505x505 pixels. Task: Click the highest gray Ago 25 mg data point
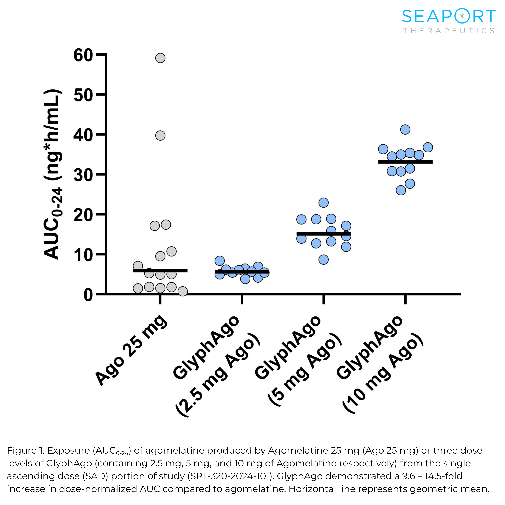click(x=160, y=58)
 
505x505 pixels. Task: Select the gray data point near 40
click(x=160, y=136)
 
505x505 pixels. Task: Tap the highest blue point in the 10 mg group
click(x=405, y=129)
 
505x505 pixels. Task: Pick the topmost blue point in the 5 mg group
click(x=324, y=203)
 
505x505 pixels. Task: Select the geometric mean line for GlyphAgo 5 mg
click(x=324, y=234)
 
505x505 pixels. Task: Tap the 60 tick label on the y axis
click(x=83, y=56)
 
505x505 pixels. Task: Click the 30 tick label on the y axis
click(x=83, y=175)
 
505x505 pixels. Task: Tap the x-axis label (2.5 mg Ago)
click(x=218, y=375)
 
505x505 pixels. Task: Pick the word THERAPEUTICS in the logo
click(x=449, y=31)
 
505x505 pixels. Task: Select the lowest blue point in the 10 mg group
click(x=401, y=190)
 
